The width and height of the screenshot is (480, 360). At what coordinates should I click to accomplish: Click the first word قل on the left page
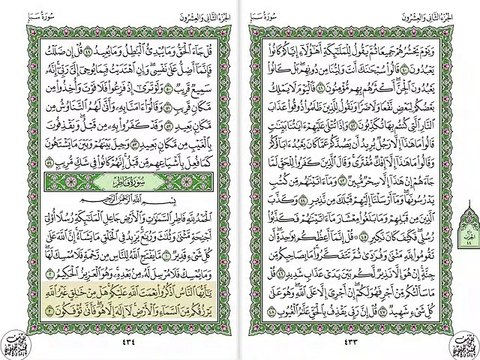214,45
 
